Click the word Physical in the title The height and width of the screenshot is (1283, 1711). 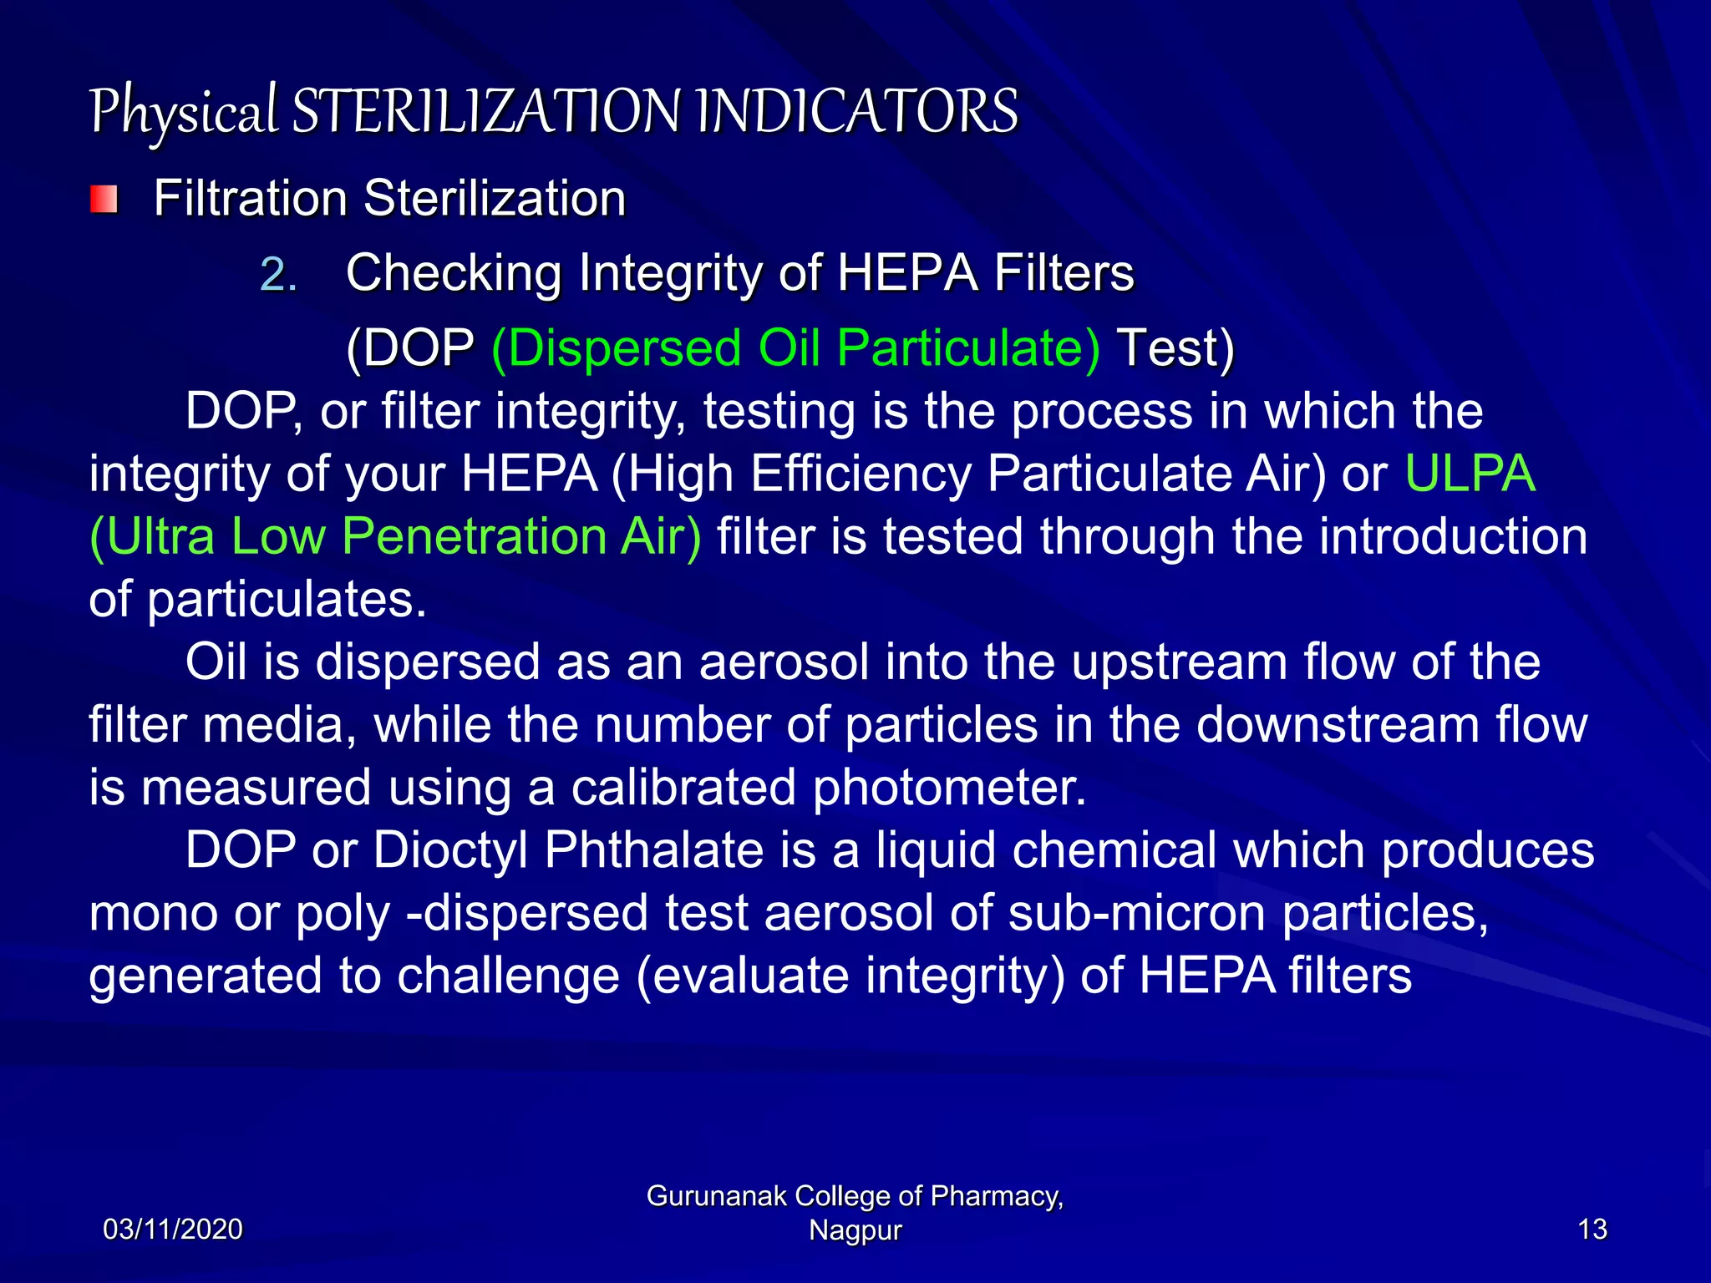click(x=183, y=112)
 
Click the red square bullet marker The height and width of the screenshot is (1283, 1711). click(x=104, y=200)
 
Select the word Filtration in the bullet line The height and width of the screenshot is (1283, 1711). click(x=250, y=199)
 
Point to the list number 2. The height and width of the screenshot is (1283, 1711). click(x=278, y=274)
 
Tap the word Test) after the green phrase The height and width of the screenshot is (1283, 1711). click(x=1175, y=347)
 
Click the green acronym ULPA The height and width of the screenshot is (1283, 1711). click(x=1470, y=474)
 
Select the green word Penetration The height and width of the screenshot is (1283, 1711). click(x=474, y=536)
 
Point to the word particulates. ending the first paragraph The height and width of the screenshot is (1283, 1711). click(x=287, y=599)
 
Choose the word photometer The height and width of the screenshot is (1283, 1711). click(x=950, y=787)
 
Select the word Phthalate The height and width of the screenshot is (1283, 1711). click(x=654, y=850)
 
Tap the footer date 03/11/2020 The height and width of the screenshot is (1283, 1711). click(x=173, y=1230)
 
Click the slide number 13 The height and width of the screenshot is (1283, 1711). click(x=1592, y=1230)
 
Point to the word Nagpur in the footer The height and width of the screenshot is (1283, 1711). click(x=855, y=1230)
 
